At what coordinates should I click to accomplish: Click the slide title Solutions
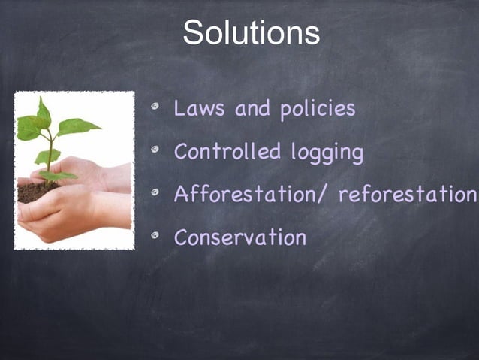pyautogui.click(x=251, y=32)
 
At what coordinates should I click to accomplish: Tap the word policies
pyautogui.click(x=318, y=110)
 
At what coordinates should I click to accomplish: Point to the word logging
pyautogui.click(x=327, y=153)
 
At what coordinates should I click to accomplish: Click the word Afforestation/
pyautogui.click(x=252, y=195)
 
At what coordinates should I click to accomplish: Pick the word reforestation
pyautogui.click(x=407, y=195)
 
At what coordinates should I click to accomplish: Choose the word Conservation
pyautogui.click(x=239, y=237)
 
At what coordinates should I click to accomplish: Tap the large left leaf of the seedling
pyautogui.click(x=29, y=128)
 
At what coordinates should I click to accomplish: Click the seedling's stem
pyautogui.click(x=50, y=154)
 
